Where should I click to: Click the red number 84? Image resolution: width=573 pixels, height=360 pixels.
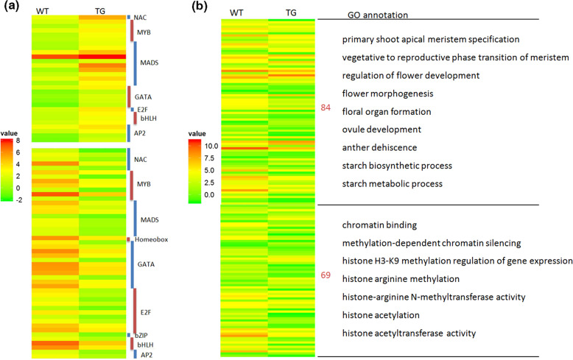click(326, 108)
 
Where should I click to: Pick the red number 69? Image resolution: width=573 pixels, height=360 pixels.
click(326, 275)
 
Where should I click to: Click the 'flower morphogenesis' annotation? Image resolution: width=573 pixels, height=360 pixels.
click(387, 93)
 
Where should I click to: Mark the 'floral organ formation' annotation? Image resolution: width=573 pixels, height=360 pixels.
click(387, 112)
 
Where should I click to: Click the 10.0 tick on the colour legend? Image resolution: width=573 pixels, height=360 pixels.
click(192, 147)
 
